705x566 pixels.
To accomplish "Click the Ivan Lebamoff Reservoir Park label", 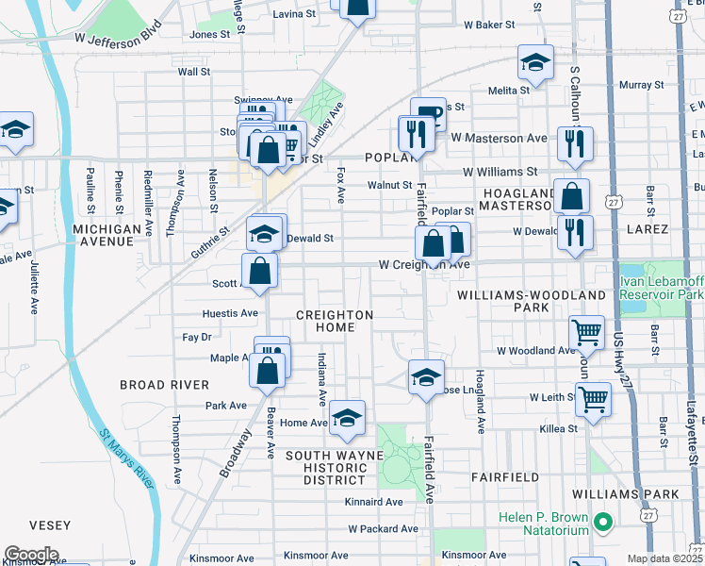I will click(x=662, y=288).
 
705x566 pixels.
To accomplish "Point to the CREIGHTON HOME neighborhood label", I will click(x=335, y=321).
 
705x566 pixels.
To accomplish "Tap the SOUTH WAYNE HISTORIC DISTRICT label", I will click(x=335, y=468).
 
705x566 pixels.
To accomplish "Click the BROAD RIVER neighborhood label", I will click(x=164, y=385).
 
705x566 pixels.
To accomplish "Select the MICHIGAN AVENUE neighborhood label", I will click(x=113, y=235).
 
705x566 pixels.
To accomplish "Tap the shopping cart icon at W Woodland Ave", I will click(x=587, y=332).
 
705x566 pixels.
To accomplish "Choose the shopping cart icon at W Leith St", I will click(x=593, y=399).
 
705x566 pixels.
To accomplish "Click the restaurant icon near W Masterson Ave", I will click(x=574, y=144).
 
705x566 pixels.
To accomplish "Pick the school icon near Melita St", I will click(x=535, y=63).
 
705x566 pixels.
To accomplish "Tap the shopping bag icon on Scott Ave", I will click(x=259, y=270).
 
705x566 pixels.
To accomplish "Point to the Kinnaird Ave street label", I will click(x=373, y=502).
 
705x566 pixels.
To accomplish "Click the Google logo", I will click(x=30, y=555).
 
